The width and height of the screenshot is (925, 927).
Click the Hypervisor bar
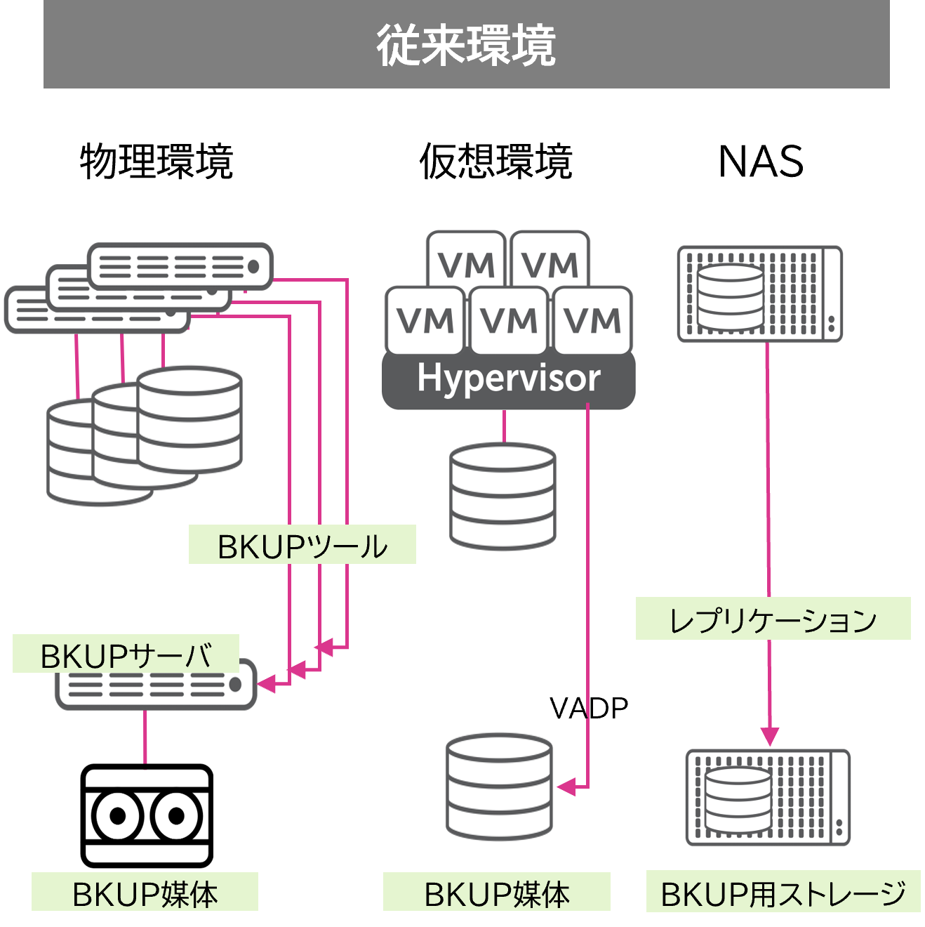click(508, 379)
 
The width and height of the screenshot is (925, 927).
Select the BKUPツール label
click(302, 546)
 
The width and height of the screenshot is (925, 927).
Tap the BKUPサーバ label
click(126, 655)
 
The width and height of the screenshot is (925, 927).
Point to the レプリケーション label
click(773, 619)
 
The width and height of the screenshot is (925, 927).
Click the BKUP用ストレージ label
click(783, 893)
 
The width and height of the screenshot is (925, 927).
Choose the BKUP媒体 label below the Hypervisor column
click(496, 893)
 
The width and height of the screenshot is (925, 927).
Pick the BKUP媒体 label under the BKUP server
click(145, 893)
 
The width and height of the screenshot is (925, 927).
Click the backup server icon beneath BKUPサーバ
click(156, 685)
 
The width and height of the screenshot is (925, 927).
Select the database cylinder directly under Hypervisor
click(503, 496)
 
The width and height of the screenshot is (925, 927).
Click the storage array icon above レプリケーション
click(759, 294)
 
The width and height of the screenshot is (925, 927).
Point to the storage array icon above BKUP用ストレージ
click(768, 798)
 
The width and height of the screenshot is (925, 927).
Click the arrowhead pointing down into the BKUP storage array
click(770, 736)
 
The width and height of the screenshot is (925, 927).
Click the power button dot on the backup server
click(235, 684)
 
